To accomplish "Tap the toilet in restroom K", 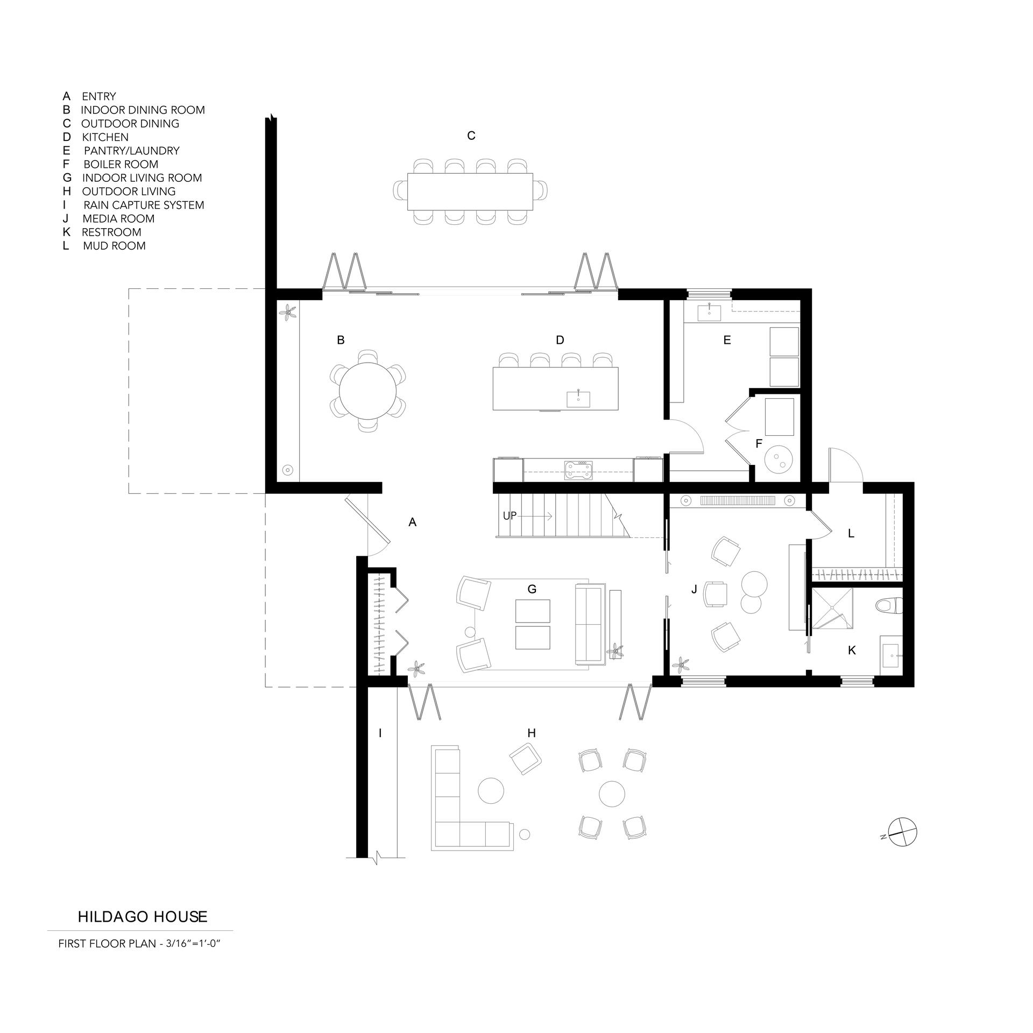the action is (888, 606).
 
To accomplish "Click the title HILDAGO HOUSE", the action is (143, 917).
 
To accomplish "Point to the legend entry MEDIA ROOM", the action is (118, 219).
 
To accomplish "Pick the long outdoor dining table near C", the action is (470, 192).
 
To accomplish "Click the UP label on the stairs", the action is (510, 516).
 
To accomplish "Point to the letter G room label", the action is (532, 589).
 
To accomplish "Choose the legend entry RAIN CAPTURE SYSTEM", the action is (144, 205).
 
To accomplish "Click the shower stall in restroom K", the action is (832, 609).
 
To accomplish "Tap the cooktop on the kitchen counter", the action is (578, 469).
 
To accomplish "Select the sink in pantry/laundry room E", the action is (710, 312).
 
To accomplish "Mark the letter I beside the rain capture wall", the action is (380, 733).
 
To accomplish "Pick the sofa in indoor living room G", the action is (589, 625).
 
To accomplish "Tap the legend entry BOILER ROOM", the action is (121, 165).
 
